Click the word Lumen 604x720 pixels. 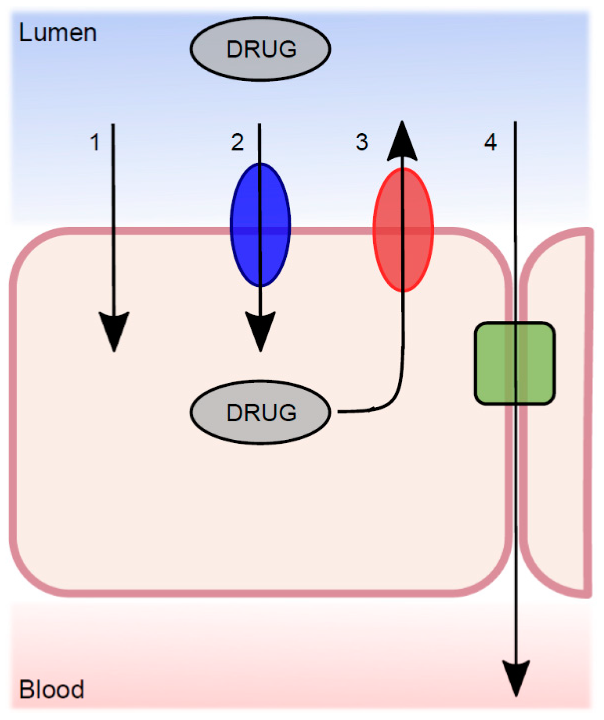click(x=57, y=33)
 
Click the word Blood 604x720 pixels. click(x=51, y=689)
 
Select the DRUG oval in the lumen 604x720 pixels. click(x=261, y=49)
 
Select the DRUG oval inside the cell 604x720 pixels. click(x=261, y=412)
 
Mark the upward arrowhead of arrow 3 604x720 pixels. click(x=402, y=143)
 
